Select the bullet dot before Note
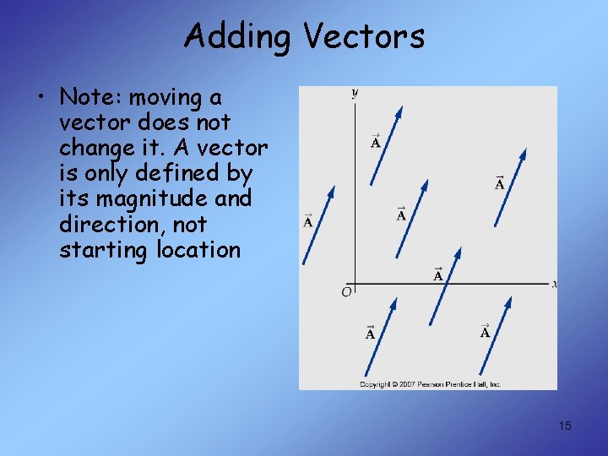(x=41, y=98)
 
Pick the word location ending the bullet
(x=198, y=249)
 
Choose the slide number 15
(x=564, y=426)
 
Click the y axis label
(x=354, y=93)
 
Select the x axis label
(x=554, y=285)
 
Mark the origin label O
(x=346, y=292)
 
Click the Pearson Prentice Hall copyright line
(x=430, y=384)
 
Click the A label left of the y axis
(x=307, y=221)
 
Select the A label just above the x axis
(x=438, y=274)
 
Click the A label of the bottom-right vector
(x=485, y=332)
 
